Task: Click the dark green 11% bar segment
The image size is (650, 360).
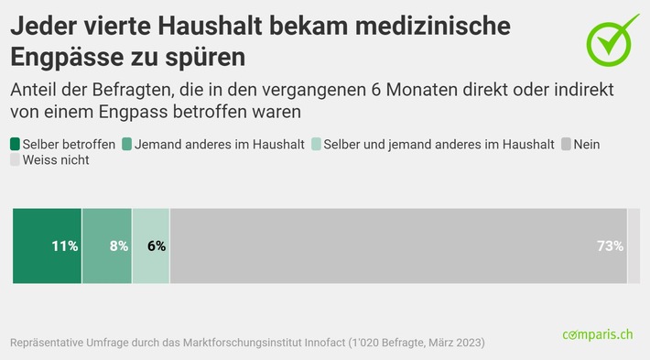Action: tap(47, 245)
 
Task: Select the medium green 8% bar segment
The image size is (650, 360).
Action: tap(107, 245)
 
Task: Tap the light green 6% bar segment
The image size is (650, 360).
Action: tap(151, 245)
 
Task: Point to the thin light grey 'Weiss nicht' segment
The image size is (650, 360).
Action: tap(634, 245)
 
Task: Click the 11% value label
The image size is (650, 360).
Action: tap(64, 245)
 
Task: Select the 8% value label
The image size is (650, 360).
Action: tap(119, 245)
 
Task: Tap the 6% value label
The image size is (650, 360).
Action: tap(157, 245)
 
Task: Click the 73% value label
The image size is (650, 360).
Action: tap(610, 245)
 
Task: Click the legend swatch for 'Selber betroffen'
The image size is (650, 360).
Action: tap(16, 144)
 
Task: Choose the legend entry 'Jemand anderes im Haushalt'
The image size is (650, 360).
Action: tap(214, 144)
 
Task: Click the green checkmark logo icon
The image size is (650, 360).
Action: tap(612, 38)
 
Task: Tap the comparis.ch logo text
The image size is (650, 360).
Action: tap(597, 336)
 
